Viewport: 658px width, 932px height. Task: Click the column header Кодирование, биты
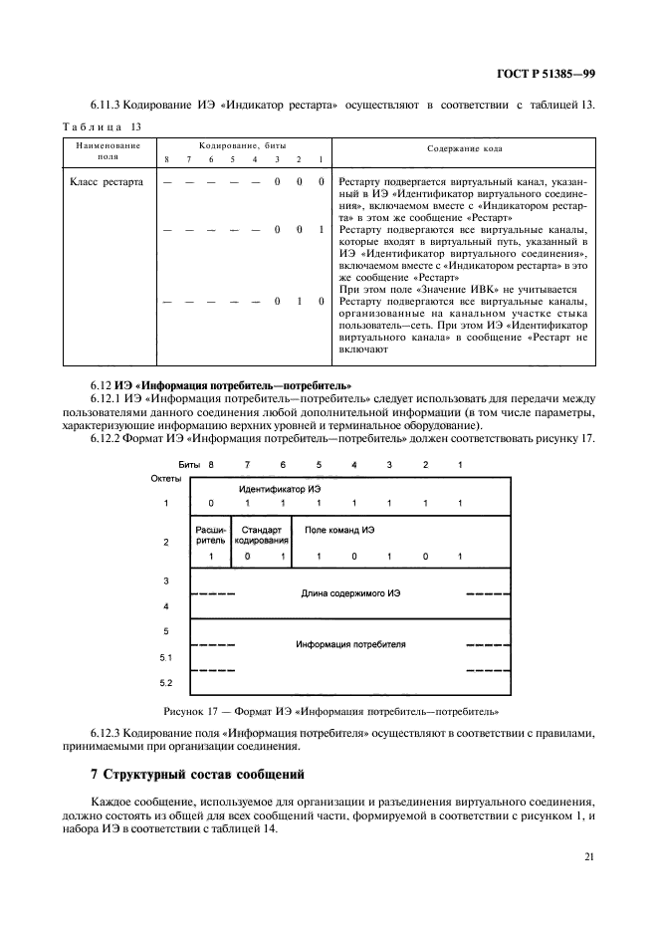tap(243, 145)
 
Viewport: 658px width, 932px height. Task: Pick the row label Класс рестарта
tap(108, 182)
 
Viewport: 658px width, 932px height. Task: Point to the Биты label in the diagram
tap(189, 465)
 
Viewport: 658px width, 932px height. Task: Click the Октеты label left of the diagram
tap(166, 479)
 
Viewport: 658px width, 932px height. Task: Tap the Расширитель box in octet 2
tap(211, 534)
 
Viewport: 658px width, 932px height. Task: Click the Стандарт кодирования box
tap(261, 534)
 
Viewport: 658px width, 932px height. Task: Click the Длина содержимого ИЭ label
tap(350, 593)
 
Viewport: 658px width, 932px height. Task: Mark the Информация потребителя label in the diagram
tap(350, 644)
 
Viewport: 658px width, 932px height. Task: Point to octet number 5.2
tap(166, 682)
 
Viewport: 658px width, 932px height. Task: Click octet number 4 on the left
tap(166, 606)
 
